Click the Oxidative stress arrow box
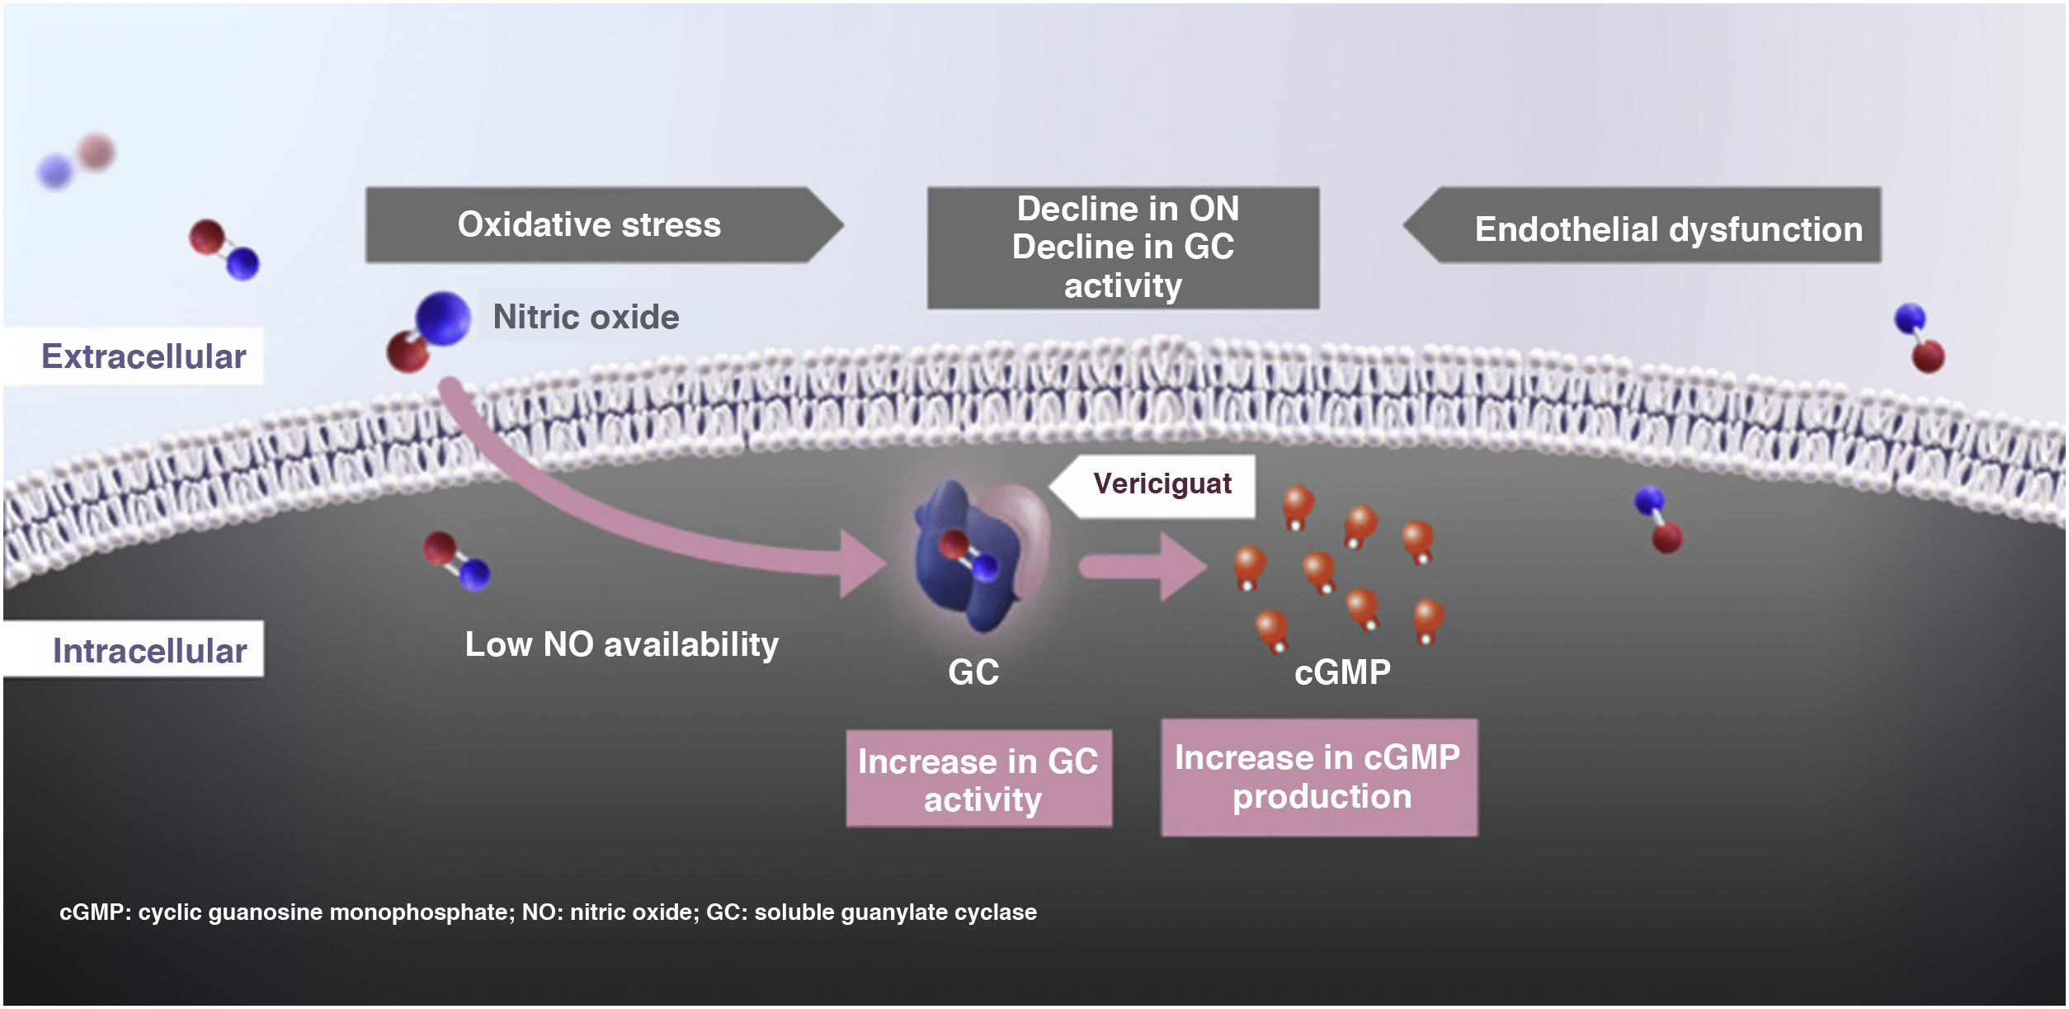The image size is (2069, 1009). pos(589,225)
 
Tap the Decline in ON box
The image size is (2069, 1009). pos(1123,247)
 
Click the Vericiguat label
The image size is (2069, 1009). pos(1162,483)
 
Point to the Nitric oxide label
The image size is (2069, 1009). pos(586,317)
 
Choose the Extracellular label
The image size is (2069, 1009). pos(144,356)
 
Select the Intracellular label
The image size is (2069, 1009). pos(149,650)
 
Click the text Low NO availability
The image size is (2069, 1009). pos(621,644)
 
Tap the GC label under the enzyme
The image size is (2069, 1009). pos(973,672)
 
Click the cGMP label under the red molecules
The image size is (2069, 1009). pos(1342,672)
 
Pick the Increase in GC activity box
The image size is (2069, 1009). pos(978,779)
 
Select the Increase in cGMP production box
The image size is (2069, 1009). pos(1318,777)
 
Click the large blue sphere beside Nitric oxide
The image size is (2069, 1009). pos(443,318)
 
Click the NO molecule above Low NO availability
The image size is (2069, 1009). pos(456,560)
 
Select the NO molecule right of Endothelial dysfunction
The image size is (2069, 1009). pos(1919,337)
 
